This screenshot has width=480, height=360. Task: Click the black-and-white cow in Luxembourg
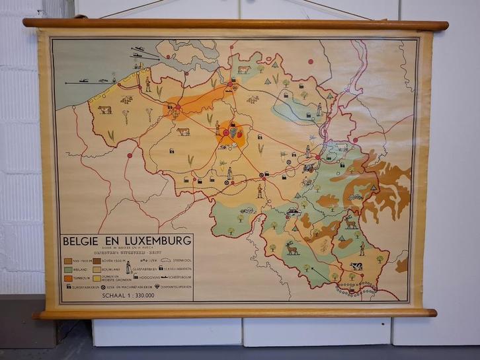pos(356,266)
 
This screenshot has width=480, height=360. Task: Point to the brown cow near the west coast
pos(104,110)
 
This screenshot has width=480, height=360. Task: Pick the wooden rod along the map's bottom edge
pos(235,312)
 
